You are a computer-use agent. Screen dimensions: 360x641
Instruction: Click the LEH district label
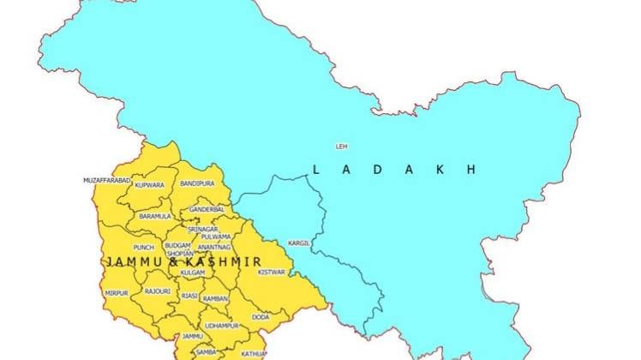(343, 147)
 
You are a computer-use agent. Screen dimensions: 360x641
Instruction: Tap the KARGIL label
(299, 243)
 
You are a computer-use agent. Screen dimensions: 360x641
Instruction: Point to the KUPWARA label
(150, 185)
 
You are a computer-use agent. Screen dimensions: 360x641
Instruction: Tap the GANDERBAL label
(207, 209)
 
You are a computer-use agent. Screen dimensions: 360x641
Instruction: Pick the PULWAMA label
(216, 237)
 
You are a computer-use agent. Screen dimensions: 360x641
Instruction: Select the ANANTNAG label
(214, 247)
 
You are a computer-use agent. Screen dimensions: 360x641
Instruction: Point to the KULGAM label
(193, 272)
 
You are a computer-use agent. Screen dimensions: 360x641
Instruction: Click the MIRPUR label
(117, 293)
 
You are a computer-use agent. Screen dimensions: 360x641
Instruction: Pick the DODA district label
(261, 317)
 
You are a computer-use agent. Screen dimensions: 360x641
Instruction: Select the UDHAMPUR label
(223, 326)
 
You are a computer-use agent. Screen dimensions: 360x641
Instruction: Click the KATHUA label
(253, 353)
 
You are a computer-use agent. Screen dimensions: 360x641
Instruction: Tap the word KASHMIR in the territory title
(226, 260)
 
